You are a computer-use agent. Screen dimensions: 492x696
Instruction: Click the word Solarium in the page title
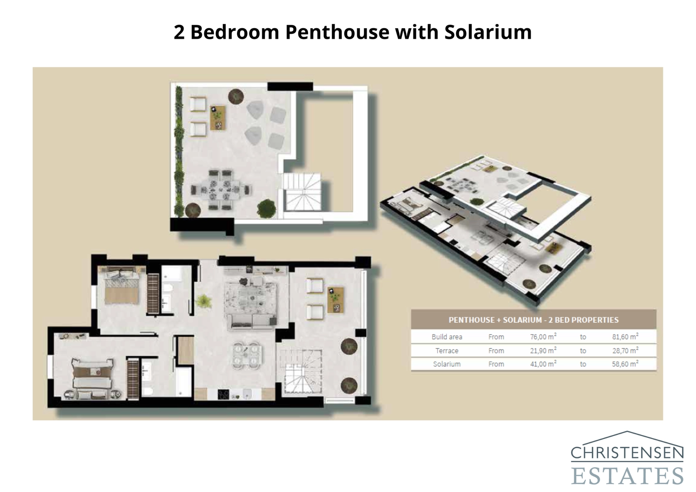tap(488, 32)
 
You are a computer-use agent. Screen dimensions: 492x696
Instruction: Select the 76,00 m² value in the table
tap(543, 337)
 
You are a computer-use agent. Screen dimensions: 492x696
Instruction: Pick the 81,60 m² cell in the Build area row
tap(625, 337)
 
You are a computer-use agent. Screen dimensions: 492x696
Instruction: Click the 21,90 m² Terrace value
tap(543, 351)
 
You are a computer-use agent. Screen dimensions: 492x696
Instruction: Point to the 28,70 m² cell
tap(625, 351)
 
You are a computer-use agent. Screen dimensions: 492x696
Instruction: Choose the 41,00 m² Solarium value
tap(543, 364)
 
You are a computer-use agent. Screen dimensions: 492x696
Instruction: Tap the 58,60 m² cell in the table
tap(625, 364)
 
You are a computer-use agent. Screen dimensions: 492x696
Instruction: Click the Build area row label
tap(447, 337)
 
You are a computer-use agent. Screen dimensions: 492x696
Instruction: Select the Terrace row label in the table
tap(447, 351)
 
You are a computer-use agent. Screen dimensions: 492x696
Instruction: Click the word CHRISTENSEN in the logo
tap(627, 453)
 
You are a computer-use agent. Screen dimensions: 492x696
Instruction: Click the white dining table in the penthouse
tap(247, 354)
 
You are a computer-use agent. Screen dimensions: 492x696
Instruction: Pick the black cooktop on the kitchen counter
tap(224, 395)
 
